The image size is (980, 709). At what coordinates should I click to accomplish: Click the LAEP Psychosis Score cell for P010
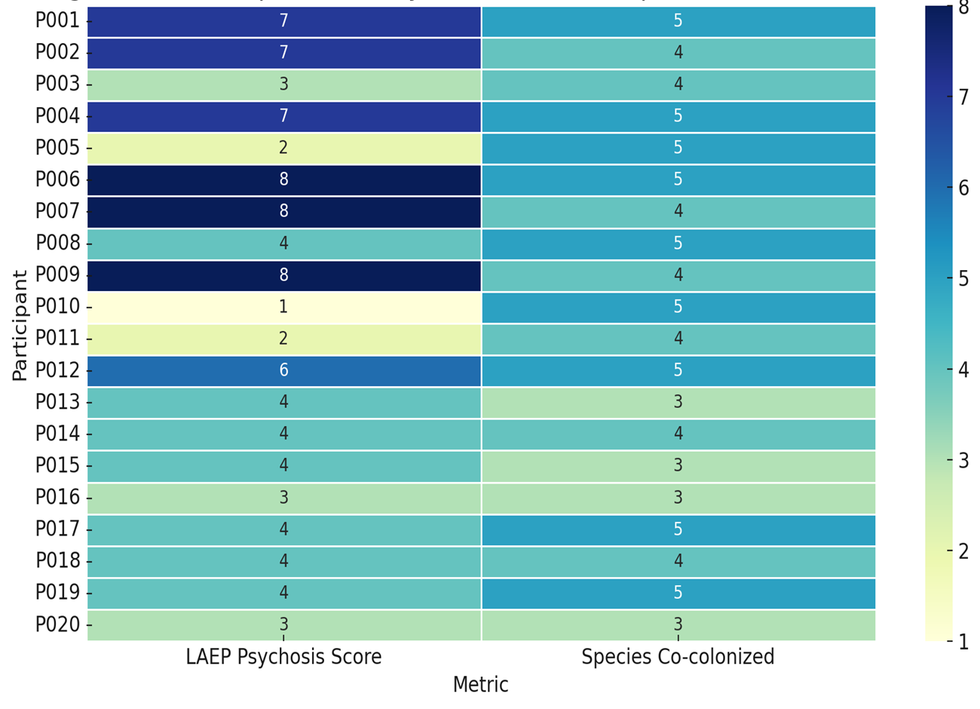click(x=283, y=307)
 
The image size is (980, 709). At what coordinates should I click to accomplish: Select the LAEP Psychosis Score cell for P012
click(x=283, y=370)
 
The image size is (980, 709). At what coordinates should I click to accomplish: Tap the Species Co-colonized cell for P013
click(x=678, y=402)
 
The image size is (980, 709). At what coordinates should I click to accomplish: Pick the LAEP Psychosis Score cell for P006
click(x=283, y=180)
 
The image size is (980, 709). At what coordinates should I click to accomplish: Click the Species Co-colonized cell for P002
click(x=678, y=53)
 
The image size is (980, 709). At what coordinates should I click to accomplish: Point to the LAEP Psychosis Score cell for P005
click(x=283, y=148)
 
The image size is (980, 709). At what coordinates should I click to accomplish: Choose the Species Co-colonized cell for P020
click(x=678, y=625)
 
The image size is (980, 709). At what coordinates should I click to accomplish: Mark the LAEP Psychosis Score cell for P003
click(x=283, y=84)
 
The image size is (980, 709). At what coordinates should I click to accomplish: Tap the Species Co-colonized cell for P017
click(x=678, y=529)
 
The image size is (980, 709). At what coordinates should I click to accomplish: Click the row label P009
click(x=57, y=275)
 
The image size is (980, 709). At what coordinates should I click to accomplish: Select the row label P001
click(x=57, y=20)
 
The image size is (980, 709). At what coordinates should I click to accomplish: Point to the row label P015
click(x=57, y=465)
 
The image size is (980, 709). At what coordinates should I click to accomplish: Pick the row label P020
click(x=57, y=625)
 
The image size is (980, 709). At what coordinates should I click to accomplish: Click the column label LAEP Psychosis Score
click(x=283, y=657)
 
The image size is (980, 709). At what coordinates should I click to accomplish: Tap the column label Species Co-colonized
click(x=678, y=657)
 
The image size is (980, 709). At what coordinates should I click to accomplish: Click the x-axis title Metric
click(x=481, y=685)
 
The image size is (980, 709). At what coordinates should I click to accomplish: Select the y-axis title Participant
click(x=20, y=324)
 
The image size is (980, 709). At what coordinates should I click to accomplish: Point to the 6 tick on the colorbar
click(x=963, y=188)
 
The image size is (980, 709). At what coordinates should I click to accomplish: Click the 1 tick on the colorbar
click(x=963, y=642)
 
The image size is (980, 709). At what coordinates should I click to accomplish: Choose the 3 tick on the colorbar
click(x=963, y=460)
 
